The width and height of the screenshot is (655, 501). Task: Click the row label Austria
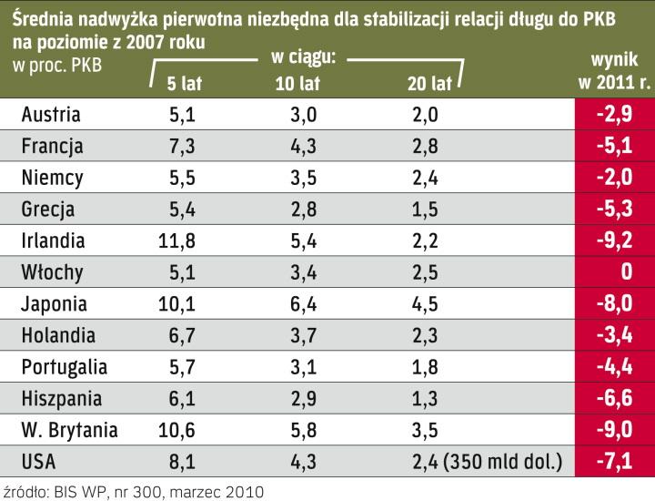point(52,115)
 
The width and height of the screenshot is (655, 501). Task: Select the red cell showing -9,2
point(614,241)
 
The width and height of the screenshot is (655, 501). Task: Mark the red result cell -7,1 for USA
point(614,462)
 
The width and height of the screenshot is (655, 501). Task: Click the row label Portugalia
point(65,367)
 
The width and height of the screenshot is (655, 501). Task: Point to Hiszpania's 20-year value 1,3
point(425,399)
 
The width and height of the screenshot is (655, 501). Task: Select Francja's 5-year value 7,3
point(183,146)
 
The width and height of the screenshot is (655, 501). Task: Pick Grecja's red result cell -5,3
point(614,210)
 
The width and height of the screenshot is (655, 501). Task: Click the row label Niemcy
point(53,178)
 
